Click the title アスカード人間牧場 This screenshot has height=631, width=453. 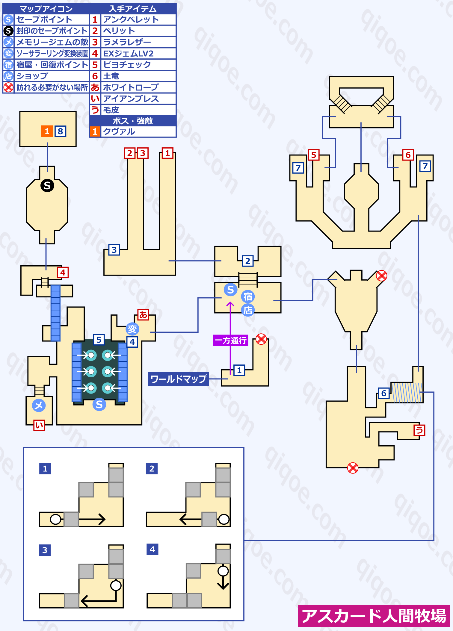coord(374,616)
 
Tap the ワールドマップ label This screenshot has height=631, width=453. coord(179,379)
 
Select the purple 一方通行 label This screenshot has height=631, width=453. coord(231,341)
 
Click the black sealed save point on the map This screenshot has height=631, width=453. coord(47,186)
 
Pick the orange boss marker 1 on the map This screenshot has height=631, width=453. coord(47,131)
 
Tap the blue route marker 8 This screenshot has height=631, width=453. coord(61,131)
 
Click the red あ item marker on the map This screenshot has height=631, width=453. coord(143,315)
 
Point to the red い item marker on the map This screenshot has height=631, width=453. coord(39,425)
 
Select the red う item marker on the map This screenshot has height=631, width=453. coord(419,430)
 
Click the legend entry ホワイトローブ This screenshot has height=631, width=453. coord(131,87)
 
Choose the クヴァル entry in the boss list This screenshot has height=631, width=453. coord(119,131)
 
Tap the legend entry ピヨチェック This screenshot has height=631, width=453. coord(127,65)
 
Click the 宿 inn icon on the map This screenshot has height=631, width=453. coord(248,296)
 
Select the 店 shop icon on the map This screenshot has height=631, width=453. coord(248,310)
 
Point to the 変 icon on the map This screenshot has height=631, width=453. coord(132,329)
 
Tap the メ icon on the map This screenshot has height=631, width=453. coord(39,405)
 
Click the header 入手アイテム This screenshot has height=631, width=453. coord(133,9)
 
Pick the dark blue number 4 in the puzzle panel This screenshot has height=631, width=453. coord(152,550)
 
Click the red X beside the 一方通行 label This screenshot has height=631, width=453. coord(261,339)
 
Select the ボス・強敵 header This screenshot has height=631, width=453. coord(133,121)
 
